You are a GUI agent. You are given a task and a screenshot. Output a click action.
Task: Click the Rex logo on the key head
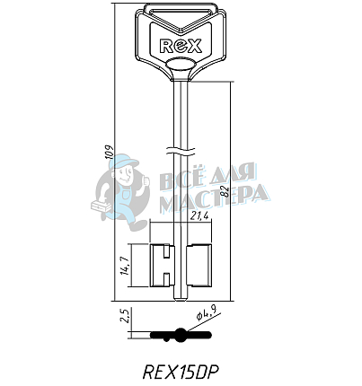pyautogui.click(x=181, y=46)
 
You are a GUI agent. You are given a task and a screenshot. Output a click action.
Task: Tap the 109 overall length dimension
pyautogui.click(x=110, y=152)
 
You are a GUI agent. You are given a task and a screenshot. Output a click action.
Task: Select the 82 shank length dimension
pyautogui.click(x=225, y=191)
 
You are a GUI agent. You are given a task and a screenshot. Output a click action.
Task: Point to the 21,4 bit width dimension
pyautogui.click(x=199, y=216)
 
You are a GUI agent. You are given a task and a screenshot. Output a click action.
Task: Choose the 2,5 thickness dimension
pyautogui.click(x=125, y=316)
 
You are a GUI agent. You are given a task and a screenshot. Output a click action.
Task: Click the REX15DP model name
pyautogui.click(x=181, y=372)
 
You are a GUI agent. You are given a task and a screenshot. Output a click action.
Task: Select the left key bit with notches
pyautogui.click(x=162, y=266)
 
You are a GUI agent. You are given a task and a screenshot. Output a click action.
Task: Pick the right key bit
pyautogui.click(x=199, y=266)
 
